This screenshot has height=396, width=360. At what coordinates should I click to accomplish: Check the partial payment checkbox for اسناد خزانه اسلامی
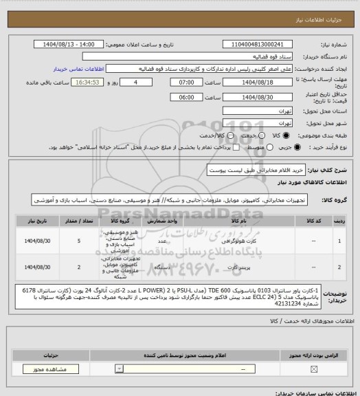click(x=216, y=146)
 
